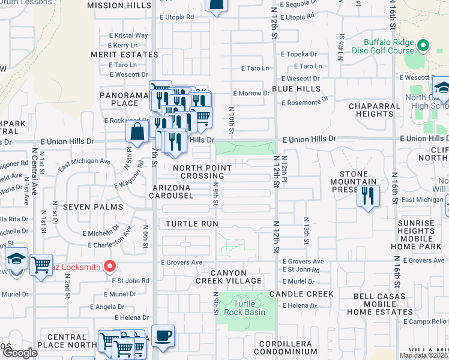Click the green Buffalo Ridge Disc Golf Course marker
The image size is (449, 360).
[423, 46]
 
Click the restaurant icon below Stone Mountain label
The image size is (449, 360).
[368, 197]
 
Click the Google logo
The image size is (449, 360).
[20, 353]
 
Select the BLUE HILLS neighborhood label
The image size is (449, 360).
[296, 88]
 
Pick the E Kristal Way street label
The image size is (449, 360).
[128, 35]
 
